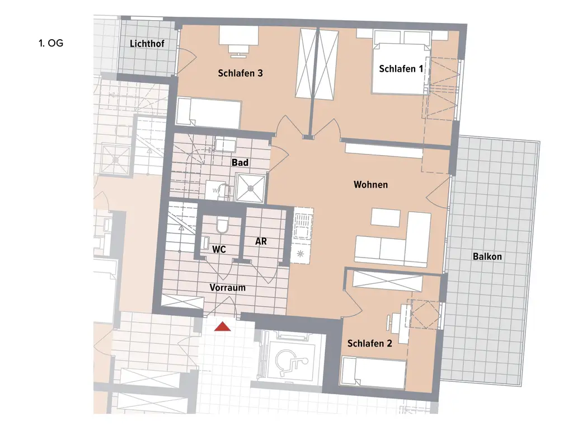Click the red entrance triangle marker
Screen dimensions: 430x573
[223, 326]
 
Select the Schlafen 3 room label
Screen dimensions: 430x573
[240, 73]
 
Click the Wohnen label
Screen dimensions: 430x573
[370, 184]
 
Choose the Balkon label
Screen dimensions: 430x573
[487, 257]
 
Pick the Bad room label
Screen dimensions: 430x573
[240, 162]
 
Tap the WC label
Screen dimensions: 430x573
[219, 249]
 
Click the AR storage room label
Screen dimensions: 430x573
[260, 241]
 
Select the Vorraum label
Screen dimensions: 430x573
[228, 288]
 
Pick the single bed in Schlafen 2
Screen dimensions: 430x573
[373, 373]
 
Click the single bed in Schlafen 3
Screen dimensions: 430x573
[209, 113]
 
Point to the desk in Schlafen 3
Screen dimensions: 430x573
[238, 36]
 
